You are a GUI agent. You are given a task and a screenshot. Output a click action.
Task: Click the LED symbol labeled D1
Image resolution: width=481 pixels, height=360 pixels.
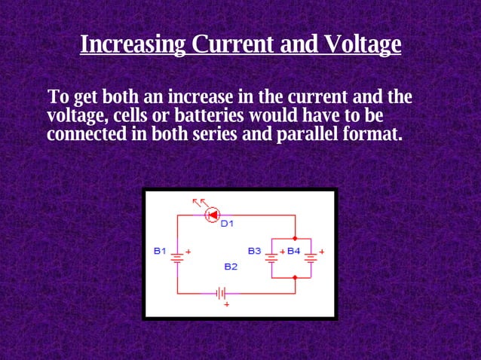(x=212, y=215)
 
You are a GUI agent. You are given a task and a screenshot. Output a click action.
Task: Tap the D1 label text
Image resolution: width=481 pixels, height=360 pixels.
(x=228, y=224)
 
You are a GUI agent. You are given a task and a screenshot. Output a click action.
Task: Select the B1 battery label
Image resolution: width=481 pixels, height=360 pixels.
(x=160, y=250)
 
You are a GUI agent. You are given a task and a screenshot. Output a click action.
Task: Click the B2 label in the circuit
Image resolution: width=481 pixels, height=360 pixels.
(x=231, y=267)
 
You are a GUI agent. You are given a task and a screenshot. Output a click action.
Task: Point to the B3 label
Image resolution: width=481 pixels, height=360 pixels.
(x=254, y=250)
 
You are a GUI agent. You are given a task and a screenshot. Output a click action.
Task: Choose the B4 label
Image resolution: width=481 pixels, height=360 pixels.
(x=293, y=250)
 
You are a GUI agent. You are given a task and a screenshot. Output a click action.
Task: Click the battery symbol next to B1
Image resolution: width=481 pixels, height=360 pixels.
(x=177, y=257)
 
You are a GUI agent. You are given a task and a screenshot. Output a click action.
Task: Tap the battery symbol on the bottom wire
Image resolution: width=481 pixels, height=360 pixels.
(x=222, y=292)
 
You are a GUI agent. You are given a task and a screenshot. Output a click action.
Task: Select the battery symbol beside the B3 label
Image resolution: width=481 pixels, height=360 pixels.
(x=271, y=257)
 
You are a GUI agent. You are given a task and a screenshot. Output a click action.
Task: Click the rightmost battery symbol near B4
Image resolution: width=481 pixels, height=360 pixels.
(x=309, y=257)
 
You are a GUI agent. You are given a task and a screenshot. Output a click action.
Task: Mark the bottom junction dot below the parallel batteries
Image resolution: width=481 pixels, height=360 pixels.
(x=295, y=278)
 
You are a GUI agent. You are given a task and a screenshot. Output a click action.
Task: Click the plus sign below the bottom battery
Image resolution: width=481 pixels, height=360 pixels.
(x=224, y=305)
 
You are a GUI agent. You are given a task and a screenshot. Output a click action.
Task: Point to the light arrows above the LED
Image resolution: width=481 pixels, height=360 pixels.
(x=200, y=202)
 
